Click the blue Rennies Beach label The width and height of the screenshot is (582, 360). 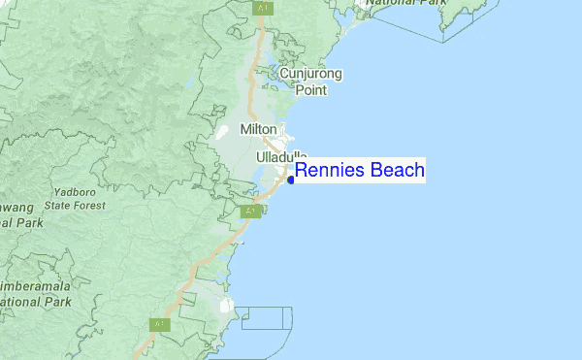pos(360,171)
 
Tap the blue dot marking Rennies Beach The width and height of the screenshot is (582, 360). pos(291,180)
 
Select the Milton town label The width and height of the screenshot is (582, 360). pos(259,130)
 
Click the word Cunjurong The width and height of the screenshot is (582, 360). pos(311,74)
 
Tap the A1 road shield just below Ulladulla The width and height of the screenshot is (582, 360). pos(250,211)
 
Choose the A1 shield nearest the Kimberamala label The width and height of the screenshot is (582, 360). pos(159,324)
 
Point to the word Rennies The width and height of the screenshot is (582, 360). pos(326,171)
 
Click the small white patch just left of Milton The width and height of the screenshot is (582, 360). pos(221,130)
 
